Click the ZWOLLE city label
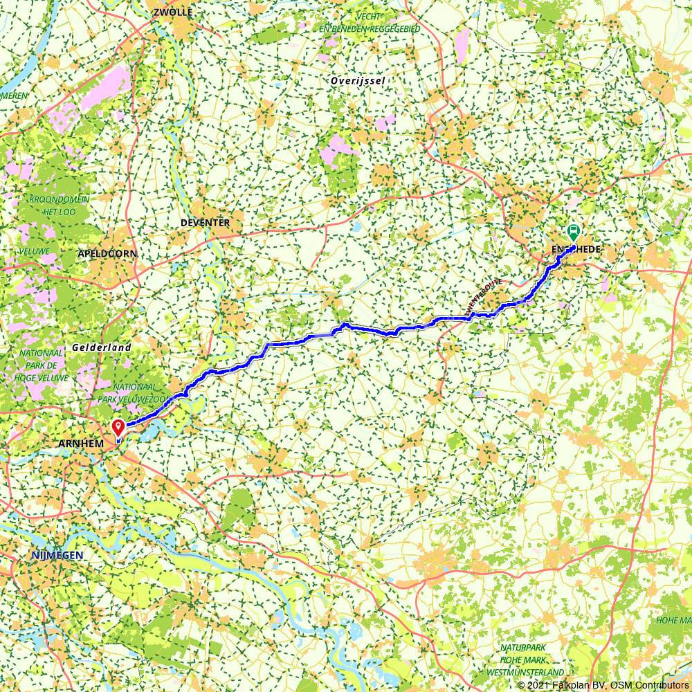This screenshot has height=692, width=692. [173, 12]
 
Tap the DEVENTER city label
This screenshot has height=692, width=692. [205, 223]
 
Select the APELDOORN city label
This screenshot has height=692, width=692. [107, 254]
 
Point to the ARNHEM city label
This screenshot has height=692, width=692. [81, 443]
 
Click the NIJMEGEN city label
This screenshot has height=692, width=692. [57, 556]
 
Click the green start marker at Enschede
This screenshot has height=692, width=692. [573, 232]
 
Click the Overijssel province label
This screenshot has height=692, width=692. [357, 81]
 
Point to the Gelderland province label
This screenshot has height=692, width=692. [102, 347]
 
